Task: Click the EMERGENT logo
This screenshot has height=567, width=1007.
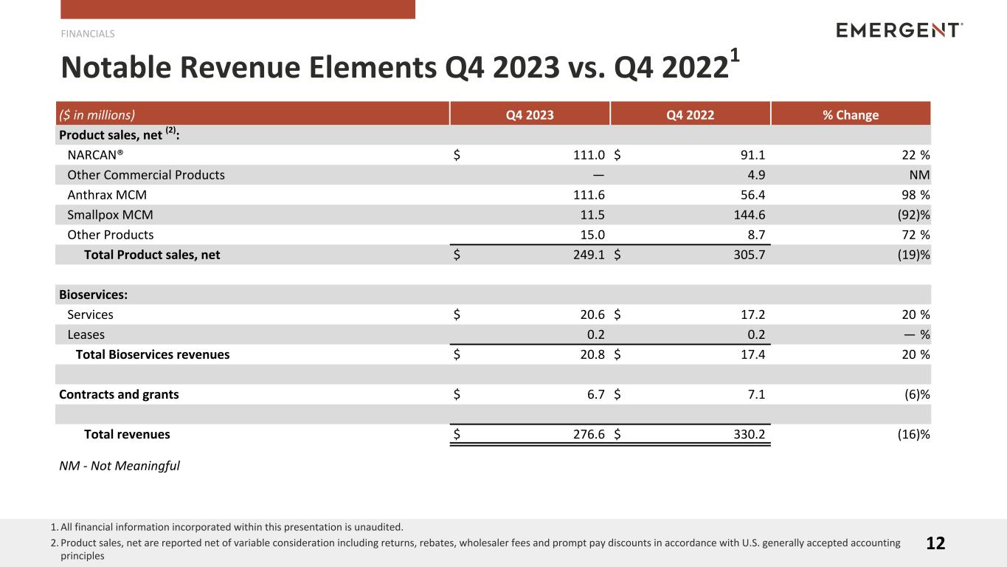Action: tap(899, 30)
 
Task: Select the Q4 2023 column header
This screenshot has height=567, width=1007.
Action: tap(530, 114)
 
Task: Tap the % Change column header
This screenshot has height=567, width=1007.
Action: tap(851, 114)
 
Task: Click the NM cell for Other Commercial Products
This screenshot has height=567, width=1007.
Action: tap(919, 175)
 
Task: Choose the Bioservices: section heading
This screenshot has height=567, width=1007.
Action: tap(93, 295)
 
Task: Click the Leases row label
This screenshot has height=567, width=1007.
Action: tap(86, 334)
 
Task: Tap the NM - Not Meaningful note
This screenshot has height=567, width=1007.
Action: tap(120, 466)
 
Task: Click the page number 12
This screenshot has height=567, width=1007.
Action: tap(935, 543)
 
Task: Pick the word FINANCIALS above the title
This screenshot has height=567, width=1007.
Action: tap(88, 33)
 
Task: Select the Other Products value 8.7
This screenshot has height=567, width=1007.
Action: tap(754, 235)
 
